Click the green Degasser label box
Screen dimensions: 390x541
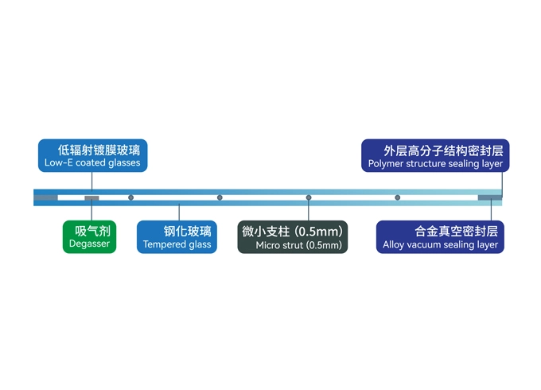click(x=90, y=237)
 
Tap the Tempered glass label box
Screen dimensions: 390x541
click(x=177, y=237)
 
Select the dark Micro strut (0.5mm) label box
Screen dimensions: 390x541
click(x=293, y=237)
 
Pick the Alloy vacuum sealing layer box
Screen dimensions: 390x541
click(x=440, y=237)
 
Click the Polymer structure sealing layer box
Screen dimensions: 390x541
click(x=436, y=156)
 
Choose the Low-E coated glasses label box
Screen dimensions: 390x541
click(x=92, y=156)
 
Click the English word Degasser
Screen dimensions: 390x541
click(x=90, y=244)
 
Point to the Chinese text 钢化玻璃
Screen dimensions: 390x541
click(x=188, y=231)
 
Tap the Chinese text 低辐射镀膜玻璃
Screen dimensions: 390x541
click(x=103, y=149)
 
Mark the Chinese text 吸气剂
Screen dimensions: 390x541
click(x=91, y=231)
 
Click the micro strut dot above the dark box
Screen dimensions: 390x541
click(x=309, y=197)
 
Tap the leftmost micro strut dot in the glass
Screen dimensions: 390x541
click(x=131, y=197)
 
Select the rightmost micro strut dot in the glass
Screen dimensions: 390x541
click(x=398, y=197)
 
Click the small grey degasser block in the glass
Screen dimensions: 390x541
click(x=91, y=197)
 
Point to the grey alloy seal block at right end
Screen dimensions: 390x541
click(x=488, y=197)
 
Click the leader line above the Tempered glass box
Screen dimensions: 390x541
click(x=179, y=213)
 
